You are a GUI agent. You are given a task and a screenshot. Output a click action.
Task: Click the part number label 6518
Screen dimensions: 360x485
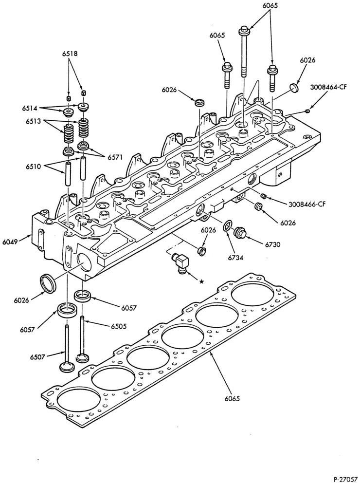point(69,54)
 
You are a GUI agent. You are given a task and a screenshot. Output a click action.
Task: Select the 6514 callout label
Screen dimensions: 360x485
point(30,108)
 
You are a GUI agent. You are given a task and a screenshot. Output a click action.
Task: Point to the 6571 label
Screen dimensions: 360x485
point(115,157)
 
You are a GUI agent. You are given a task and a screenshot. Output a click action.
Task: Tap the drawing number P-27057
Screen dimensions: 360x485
point(345,480)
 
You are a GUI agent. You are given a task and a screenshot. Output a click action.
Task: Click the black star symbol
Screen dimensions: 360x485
point(201,281)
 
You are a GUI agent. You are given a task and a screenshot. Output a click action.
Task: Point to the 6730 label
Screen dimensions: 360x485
point(272,244)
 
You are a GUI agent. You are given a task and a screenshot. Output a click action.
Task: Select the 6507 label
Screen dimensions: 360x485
point(38,357)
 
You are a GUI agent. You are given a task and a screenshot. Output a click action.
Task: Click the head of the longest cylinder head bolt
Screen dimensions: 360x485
point(244,31)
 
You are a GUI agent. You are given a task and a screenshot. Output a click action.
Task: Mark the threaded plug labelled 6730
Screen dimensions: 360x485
point(239,233)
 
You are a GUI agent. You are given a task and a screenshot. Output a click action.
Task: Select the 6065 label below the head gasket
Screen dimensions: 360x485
point(232,398)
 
